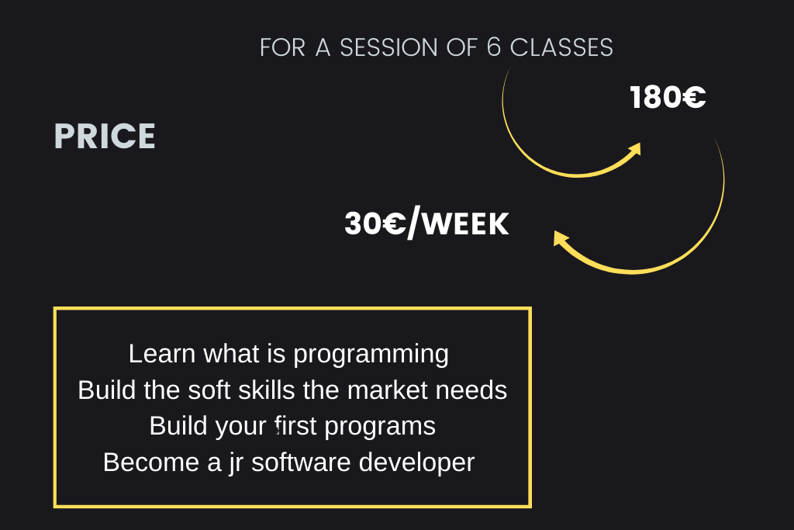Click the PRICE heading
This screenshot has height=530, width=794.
pyautogui.click(x=105, y=137)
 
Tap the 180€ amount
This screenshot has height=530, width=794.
pyautogui.click(x=668, y=97)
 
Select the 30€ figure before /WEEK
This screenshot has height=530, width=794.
pyautogui.click(x=375, y=223)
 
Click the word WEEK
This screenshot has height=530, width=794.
pyautogui.click(x=465, y=224)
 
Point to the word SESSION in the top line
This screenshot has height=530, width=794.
pyautogui.click(x=388, y=48)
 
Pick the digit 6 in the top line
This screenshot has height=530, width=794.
pyautogui.click(x=494, y=47)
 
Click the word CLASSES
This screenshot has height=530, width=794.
pyautogui.click(x=561, y=48)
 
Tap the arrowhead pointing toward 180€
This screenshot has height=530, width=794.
pyautogui.click(x=635, y=150)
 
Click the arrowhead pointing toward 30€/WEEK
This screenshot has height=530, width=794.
pyautogui.click(x=561, y=239)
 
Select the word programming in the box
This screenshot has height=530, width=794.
pyautogui.click(x=371, y=355)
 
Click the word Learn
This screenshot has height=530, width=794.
pyautogui.click(x=162, y=353)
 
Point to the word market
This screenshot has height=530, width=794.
pyautogui.click(x=388, y=390)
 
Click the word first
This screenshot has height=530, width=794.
pyautogui.click(x=295, y=425)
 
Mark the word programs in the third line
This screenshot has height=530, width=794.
pyautogui.click(x=380, y=427)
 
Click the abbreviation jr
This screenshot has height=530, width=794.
pyautogui.click(x=236, y=463)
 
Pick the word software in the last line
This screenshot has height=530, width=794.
pyautogui.click(x=301, y=462)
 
